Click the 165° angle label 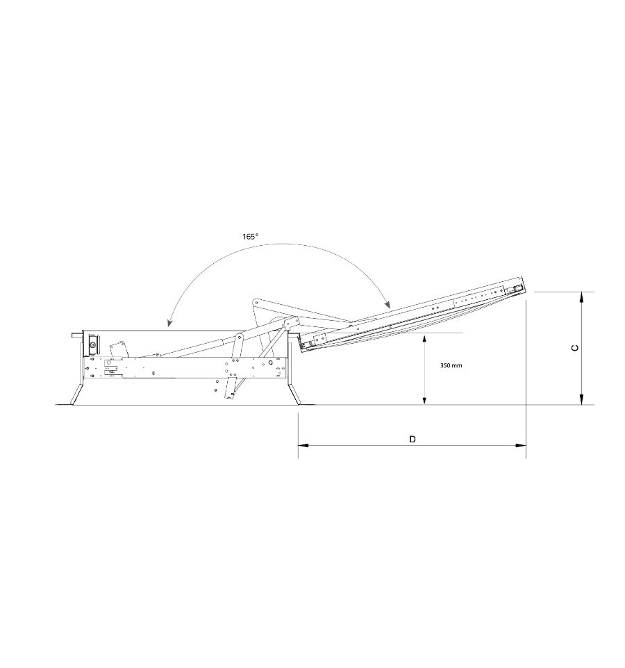pos(251,237)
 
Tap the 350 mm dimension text pos(451,365)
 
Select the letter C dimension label pos(575,348)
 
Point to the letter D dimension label pos(412,439)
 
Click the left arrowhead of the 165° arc pos(169,324)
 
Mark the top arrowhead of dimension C pos(581,297)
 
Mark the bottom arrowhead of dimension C pos(581,399)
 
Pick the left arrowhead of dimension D pos(303,446)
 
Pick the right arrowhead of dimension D pos(521,446)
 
